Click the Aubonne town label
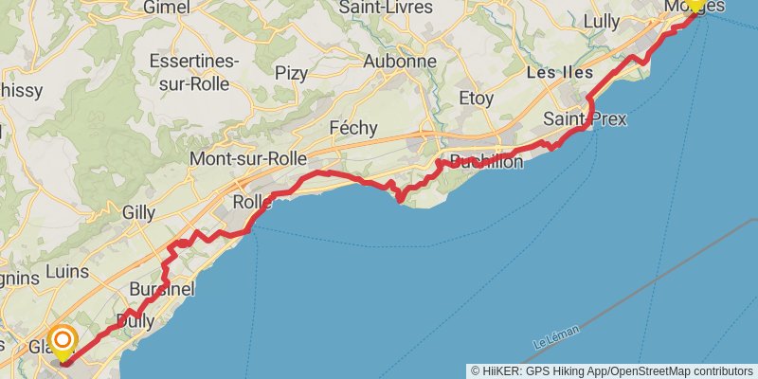point(401,62)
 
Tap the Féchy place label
point(352,128)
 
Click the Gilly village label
point(138,212)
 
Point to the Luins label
point(66,271)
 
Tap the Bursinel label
point(163,287)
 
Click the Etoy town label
point(476,97)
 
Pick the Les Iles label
point(559,73)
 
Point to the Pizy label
point(291,72)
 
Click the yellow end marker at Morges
point(695,5)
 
